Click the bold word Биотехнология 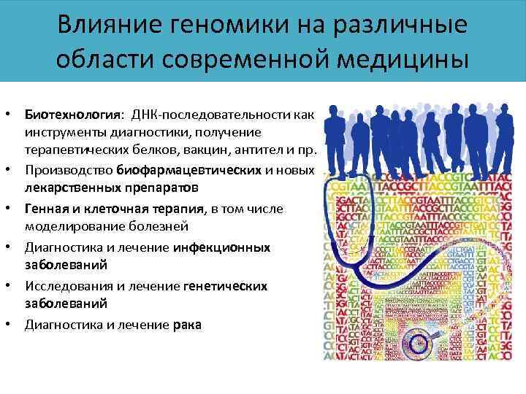pos(74,115)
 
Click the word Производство pos(68,171)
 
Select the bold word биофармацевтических pos(188,171)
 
